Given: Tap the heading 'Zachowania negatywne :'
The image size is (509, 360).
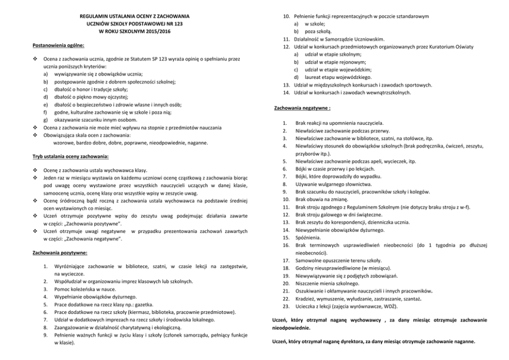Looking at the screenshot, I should click(302, 108).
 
